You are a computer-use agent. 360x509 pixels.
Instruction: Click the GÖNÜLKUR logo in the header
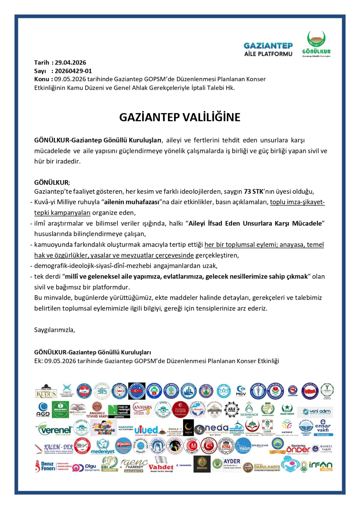coord(316,44)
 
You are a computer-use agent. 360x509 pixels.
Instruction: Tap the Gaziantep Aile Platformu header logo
coord(268,50)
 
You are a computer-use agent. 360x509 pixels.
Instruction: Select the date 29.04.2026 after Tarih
coord(70,63)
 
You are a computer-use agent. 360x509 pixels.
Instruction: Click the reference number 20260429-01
coord(73,71)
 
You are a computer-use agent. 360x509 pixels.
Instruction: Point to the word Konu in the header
coord(41,79)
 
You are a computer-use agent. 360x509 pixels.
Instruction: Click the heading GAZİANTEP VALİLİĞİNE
coord(180,117)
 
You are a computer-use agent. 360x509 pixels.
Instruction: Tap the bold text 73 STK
coord(253,192)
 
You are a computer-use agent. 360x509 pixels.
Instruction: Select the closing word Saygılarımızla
coord(54,330)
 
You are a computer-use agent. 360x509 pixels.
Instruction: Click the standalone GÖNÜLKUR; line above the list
coord(52,183)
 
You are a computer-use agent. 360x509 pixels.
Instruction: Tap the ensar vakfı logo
coord(322,428)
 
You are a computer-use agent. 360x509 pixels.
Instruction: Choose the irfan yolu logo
coord(320,466)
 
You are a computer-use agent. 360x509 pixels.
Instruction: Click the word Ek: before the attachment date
coord(39,361)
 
